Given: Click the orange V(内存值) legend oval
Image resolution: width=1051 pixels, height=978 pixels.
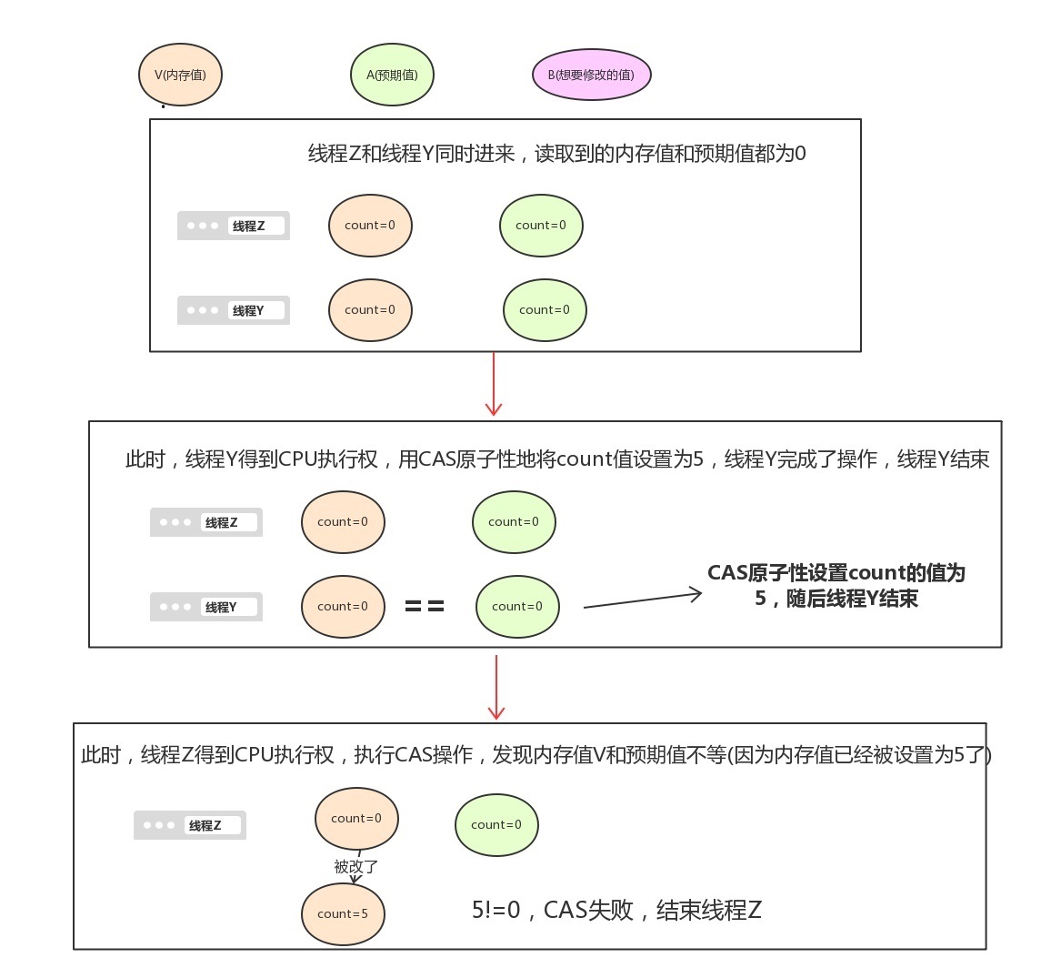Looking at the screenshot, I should click(x=180, y=75).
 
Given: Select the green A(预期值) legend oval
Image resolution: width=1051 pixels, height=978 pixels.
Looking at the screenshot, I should click(x=392, y=75).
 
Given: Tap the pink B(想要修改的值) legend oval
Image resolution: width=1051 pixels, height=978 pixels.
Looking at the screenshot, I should click(x=591, y=75).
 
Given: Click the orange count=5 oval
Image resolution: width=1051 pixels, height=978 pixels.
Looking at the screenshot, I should click(x=343, y=913).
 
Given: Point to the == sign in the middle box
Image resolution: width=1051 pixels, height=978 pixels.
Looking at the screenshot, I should click(x=425, y=606).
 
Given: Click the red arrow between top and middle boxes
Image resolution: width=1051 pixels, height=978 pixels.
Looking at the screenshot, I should click(x=494, y=385).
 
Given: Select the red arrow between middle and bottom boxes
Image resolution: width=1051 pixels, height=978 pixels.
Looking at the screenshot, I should click(x=496, y=687).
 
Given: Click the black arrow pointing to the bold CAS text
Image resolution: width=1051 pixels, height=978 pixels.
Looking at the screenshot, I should click(x=642, y=600).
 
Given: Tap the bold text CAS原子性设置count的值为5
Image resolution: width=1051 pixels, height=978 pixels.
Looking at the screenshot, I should click(x=836, y=585).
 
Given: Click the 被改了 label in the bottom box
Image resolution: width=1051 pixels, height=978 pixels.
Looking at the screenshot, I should click(x=355, y=866).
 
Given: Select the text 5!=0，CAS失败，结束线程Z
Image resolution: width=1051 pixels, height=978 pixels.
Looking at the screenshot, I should click(x=616, y=910).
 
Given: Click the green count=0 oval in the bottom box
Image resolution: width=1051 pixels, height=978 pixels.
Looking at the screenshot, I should click(x=496, y=824).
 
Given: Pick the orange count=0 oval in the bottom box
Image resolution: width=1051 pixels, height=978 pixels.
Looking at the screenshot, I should click(x=356, y=818).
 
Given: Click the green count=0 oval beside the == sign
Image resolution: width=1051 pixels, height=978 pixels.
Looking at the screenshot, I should click(x=517, y=606).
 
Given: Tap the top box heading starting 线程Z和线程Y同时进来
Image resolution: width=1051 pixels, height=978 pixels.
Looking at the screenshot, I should click(x=556, y=154).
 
